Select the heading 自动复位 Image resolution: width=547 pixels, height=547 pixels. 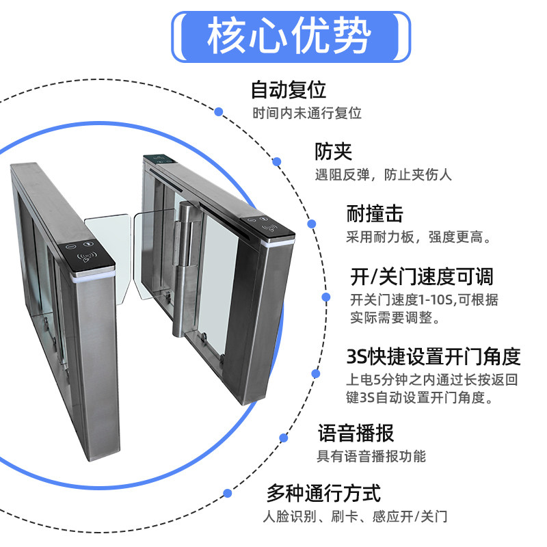[x=288, y=90]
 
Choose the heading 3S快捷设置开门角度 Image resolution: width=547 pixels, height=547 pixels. [x=433, y=356]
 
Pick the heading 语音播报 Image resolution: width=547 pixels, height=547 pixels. [x=356, y=433]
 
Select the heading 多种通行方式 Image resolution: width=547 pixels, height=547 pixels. [x=323, y=492]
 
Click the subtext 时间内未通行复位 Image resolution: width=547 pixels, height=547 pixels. [x=306, y=114]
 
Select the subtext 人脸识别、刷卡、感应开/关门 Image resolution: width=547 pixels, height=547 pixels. [x=356, y=516]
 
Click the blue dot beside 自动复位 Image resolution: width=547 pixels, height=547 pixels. [x=219, y=111]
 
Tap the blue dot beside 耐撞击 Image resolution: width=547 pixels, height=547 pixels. [x=312, y=224]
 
